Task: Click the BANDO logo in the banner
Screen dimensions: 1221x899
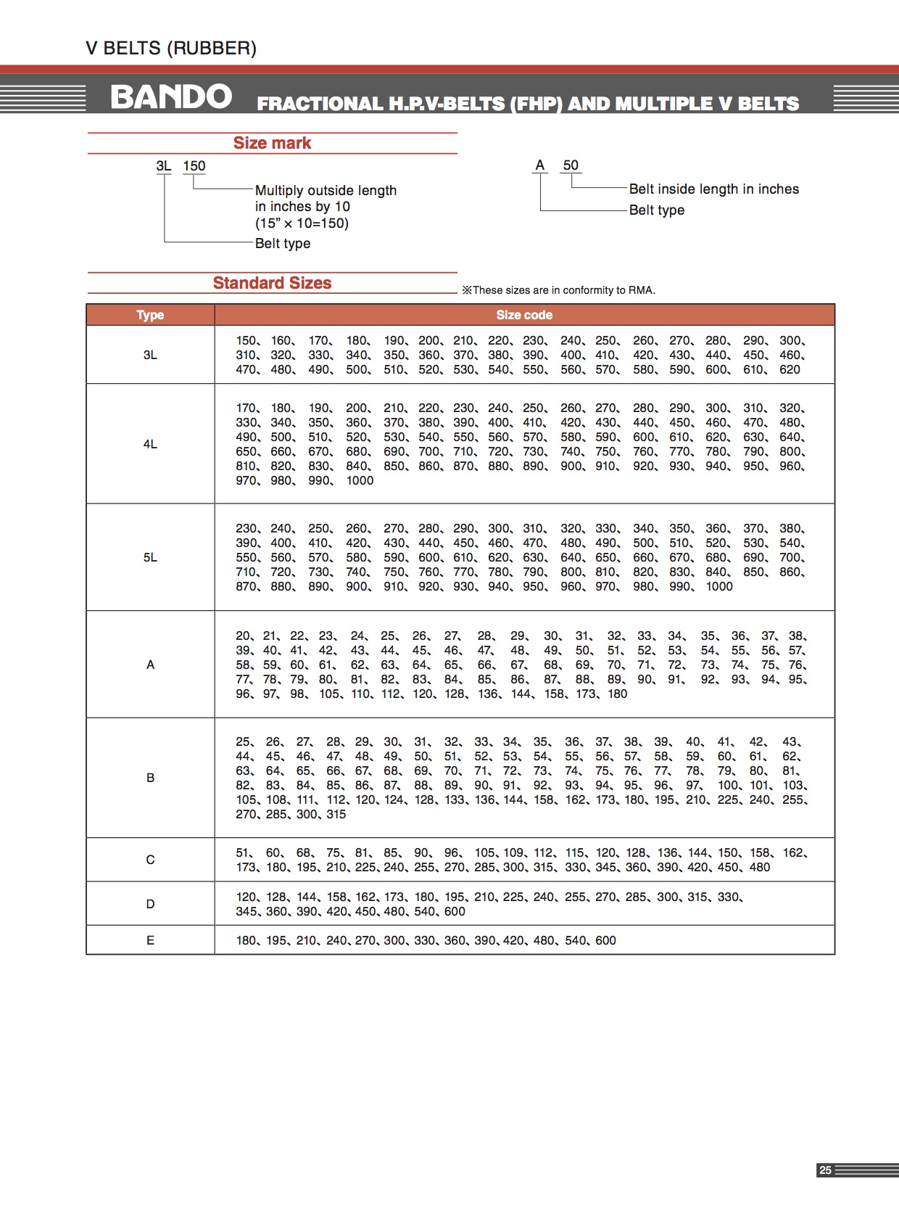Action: pyautogui.click(x=171, y=97)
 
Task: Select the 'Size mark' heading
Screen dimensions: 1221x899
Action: pyautogui.click(x=272, y=143)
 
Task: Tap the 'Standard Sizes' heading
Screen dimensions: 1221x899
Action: pyautogui.click(x=272, y=283)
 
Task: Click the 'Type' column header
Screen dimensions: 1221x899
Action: pyautogui.click(x=150, y=315)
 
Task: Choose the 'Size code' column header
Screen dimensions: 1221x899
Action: pyautogui.click(x=524, y=315)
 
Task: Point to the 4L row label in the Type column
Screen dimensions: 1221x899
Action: pyautogui.click(x=150, y=444)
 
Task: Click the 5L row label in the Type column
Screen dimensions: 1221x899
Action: pyautogui.click(x=150, y=557)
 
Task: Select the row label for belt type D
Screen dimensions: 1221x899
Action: pyautogui.click(x=150, y=904)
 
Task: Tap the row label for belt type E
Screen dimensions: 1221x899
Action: pyautogui.click(x=150, y=940)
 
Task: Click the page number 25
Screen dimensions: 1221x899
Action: pyautogui.click(x=825, y=1169)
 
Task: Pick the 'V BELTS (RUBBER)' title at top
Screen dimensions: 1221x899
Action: pyautogui.click(x=171, y=49)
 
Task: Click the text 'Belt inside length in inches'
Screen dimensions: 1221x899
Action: pyautogui.click(x=713, y=189)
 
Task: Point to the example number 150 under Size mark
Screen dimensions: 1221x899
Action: pyautogui.click(x=194, y=166)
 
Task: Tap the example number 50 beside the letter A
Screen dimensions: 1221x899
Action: pyautogui.click(x=571, y=165)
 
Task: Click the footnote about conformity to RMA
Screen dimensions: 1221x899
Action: pyautogui.click(x=559, y=290)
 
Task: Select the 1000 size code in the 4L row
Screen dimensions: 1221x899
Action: pyautogui.click(x=360, y=481)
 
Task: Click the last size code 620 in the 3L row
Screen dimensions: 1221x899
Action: pyautogui.click(x=790, y=370)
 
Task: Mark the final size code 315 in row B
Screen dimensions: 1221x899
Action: pyautogui.click(x=336, y=815)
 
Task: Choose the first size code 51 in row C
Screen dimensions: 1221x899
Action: pyautogui.click(x=243, y=853)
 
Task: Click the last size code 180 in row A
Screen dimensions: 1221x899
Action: pyautogui.click(x=618, y=694)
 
